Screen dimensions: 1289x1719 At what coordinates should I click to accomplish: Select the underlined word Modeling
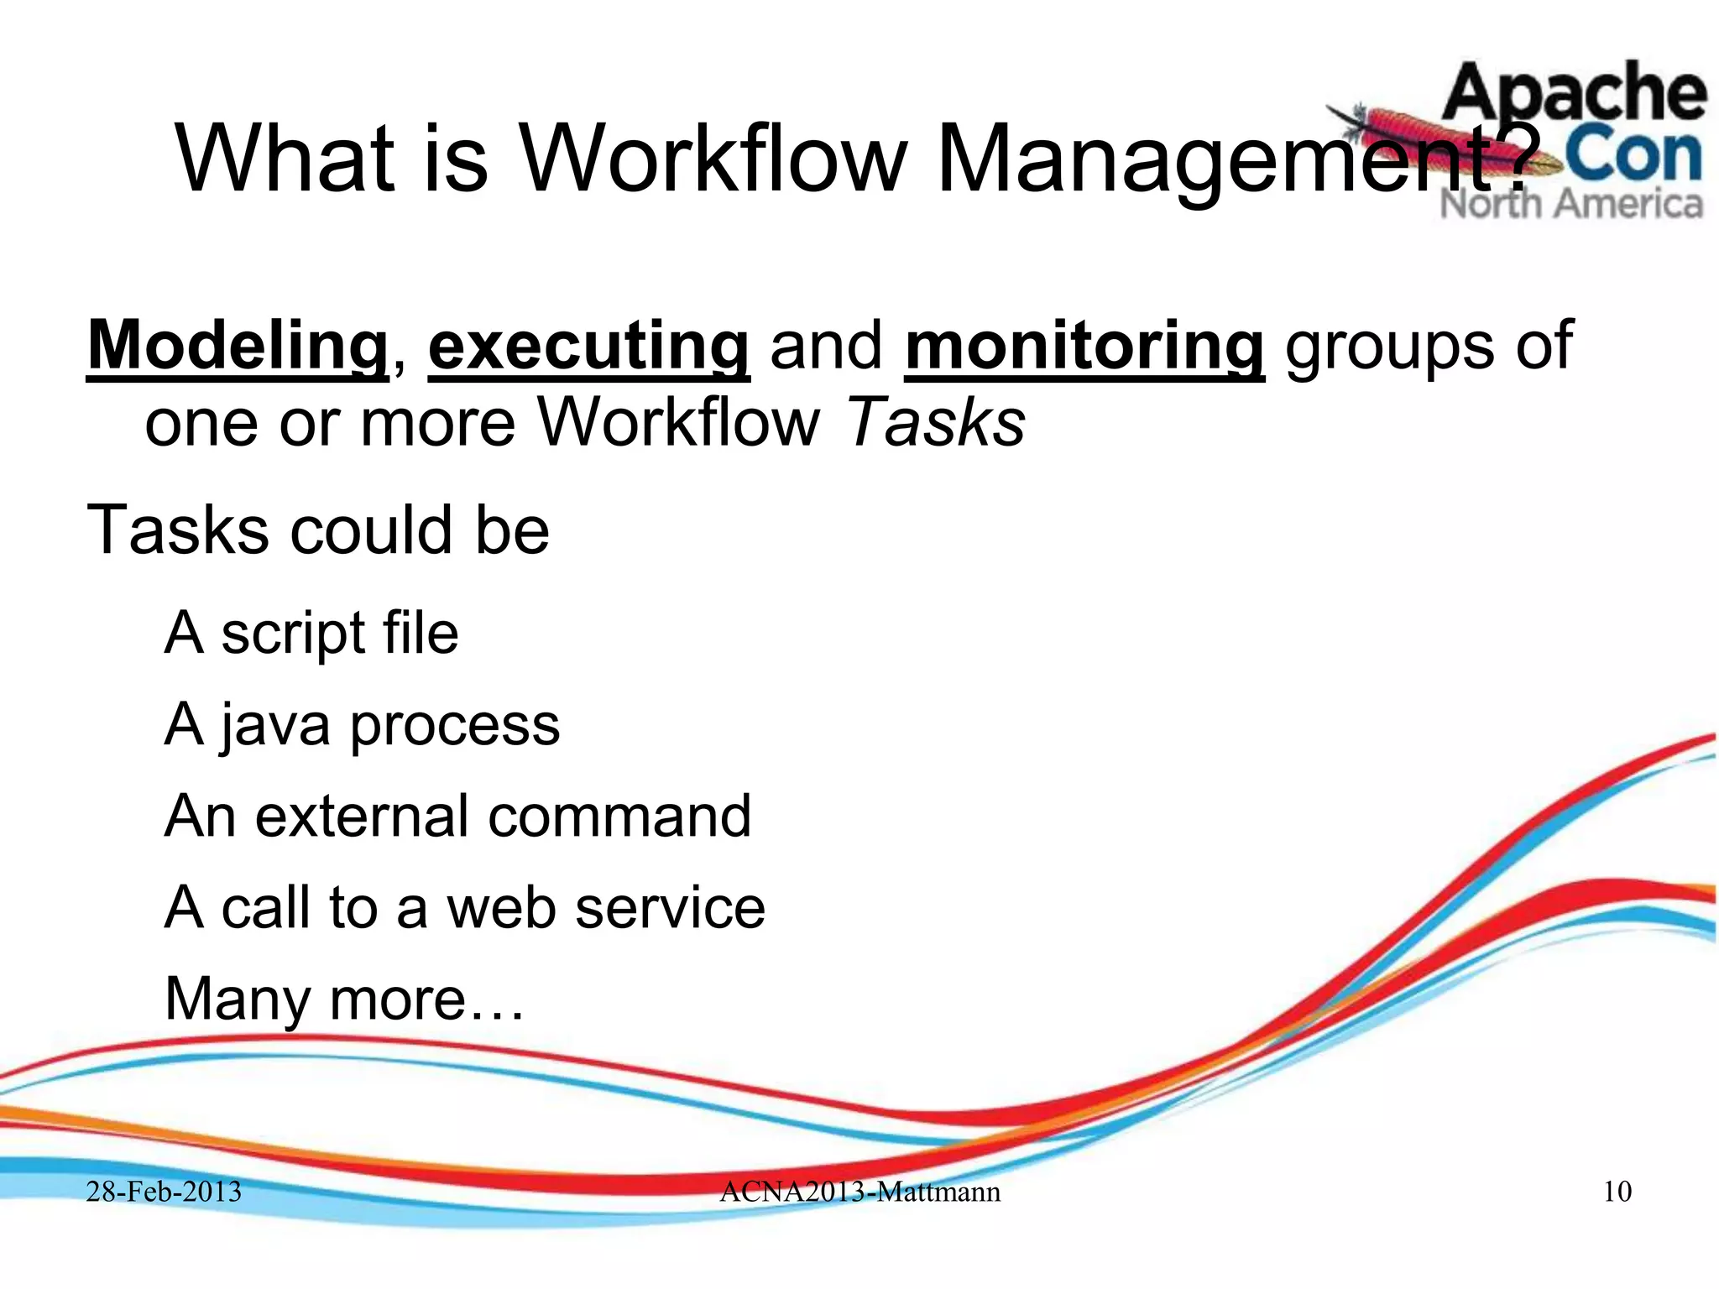click(x=238, y=346)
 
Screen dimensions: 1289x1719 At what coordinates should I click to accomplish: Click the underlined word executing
click(x=588, y=346)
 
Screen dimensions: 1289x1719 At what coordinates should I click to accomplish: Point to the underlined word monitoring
click(x=1084, y=346)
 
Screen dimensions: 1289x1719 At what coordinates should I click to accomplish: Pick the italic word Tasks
click(x=936, y=421)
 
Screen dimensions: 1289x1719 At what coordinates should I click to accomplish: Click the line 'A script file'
click(x=311, y=633)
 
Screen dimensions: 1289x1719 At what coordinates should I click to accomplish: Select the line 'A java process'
click(x=362, y=724)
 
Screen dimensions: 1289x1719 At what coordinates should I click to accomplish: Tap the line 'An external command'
click(x=457, y=816)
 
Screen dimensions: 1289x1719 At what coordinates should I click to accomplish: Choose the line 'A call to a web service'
click(x=464, y=907)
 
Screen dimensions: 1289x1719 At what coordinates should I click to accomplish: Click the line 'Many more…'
click(x=344, y=999)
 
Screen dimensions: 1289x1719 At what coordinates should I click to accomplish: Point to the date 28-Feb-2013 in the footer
click(x=164, y=1192)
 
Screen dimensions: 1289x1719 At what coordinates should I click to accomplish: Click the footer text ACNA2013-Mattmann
click(x=859, y=1192)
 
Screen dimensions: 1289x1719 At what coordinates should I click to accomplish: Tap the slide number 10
click(x=1617, y=1192)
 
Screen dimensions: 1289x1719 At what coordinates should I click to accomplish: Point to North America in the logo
click(x=1571, y=204)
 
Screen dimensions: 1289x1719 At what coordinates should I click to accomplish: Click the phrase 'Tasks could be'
click(x=318, y=530)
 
